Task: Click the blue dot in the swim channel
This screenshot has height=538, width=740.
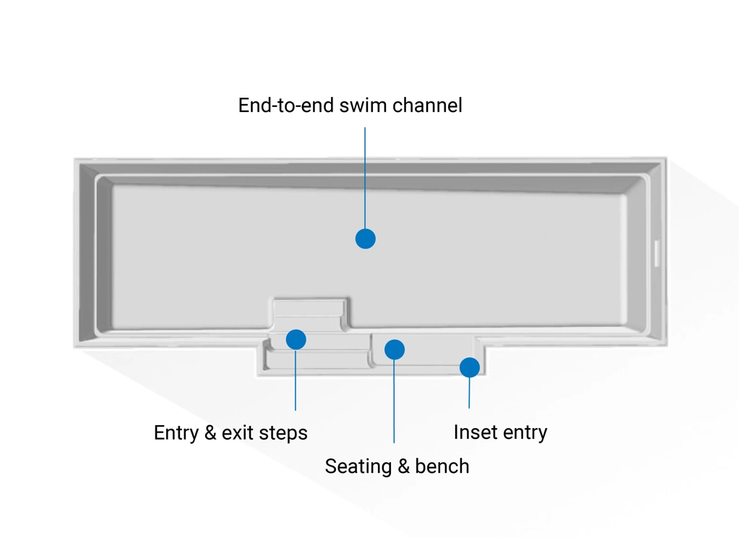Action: point(366,239)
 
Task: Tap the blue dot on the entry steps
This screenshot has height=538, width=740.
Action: point(296,339)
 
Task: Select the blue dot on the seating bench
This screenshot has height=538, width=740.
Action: point(395,350)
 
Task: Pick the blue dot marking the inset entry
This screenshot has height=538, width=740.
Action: point(470,367)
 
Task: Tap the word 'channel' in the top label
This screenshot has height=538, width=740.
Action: point(427,106)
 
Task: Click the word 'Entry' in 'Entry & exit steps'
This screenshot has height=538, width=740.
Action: point(176,433)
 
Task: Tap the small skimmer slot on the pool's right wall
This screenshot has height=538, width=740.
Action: point(657,253)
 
